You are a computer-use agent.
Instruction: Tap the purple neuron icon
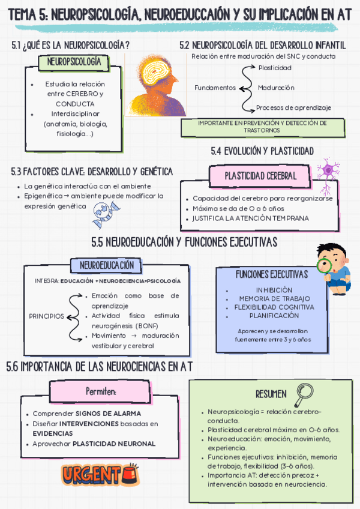(x=328, y=170)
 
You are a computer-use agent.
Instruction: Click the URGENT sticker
(x=100, y=474)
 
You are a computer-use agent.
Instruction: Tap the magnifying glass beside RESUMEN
(x=303, y=393)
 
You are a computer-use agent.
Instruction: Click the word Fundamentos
(x=215, y=88)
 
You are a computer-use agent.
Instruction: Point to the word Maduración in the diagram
(x=276, y=88)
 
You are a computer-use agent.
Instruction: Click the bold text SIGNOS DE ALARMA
(x=109, y=414)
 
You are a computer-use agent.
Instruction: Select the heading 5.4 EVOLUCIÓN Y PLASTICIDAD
(x=262, y=151)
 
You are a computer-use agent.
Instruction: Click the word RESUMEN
(x=271, y=394)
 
